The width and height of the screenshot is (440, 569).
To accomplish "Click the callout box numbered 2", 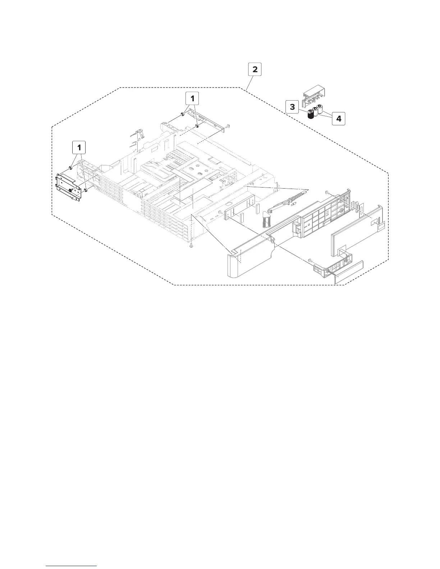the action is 255,69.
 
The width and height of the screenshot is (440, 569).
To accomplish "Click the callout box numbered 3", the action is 292,107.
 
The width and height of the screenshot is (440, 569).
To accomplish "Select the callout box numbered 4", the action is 339,118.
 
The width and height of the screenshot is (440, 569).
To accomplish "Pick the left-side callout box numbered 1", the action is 79,147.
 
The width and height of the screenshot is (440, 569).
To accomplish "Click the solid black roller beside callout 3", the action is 311,115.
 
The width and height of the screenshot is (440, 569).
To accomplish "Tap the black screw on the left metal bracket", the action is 72,189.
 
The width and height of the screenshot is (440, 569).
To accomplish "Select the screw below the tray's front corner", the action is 192,245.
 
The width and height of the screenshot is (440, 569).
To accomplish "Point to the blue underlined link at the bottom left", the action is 72,565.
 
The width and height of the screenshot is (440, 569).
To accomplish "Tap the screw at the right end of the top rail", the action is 228,126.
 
